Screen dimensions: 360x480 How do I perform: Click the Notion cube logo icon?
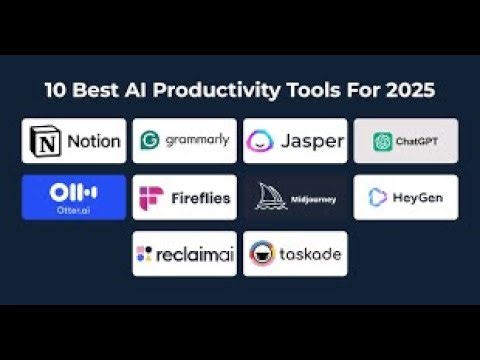(47, 141)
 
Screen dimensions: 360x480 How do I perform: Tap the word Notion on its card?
(92, 141)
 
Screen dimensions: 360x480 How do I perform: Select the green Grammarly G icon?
(152, 141)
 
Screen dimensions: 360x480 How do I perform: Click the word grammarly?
(197, 141)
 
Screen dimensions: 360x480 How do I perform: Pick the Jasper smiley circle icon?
(261, 141)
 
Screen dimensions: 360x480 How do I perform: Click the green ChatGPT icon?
(382, 142)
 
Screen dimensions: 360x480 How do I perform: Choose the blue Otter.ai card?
(74, 197)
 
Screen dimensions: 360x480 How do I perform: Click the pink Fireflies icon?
(152, 197)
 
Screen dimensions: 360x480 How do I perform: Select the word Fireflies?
(198, 197)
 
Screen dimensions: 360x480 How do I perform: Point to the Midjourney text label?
(314, 199)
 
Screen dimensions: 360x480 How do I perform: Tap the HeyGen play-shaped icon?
(378, 197)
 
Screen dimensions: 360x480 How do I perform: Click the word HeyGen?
(416, 197)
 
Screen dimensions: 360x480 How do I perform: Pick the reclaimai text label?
(194, 254)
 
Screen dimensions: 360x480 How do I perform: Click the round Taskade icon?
(262, 254)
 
